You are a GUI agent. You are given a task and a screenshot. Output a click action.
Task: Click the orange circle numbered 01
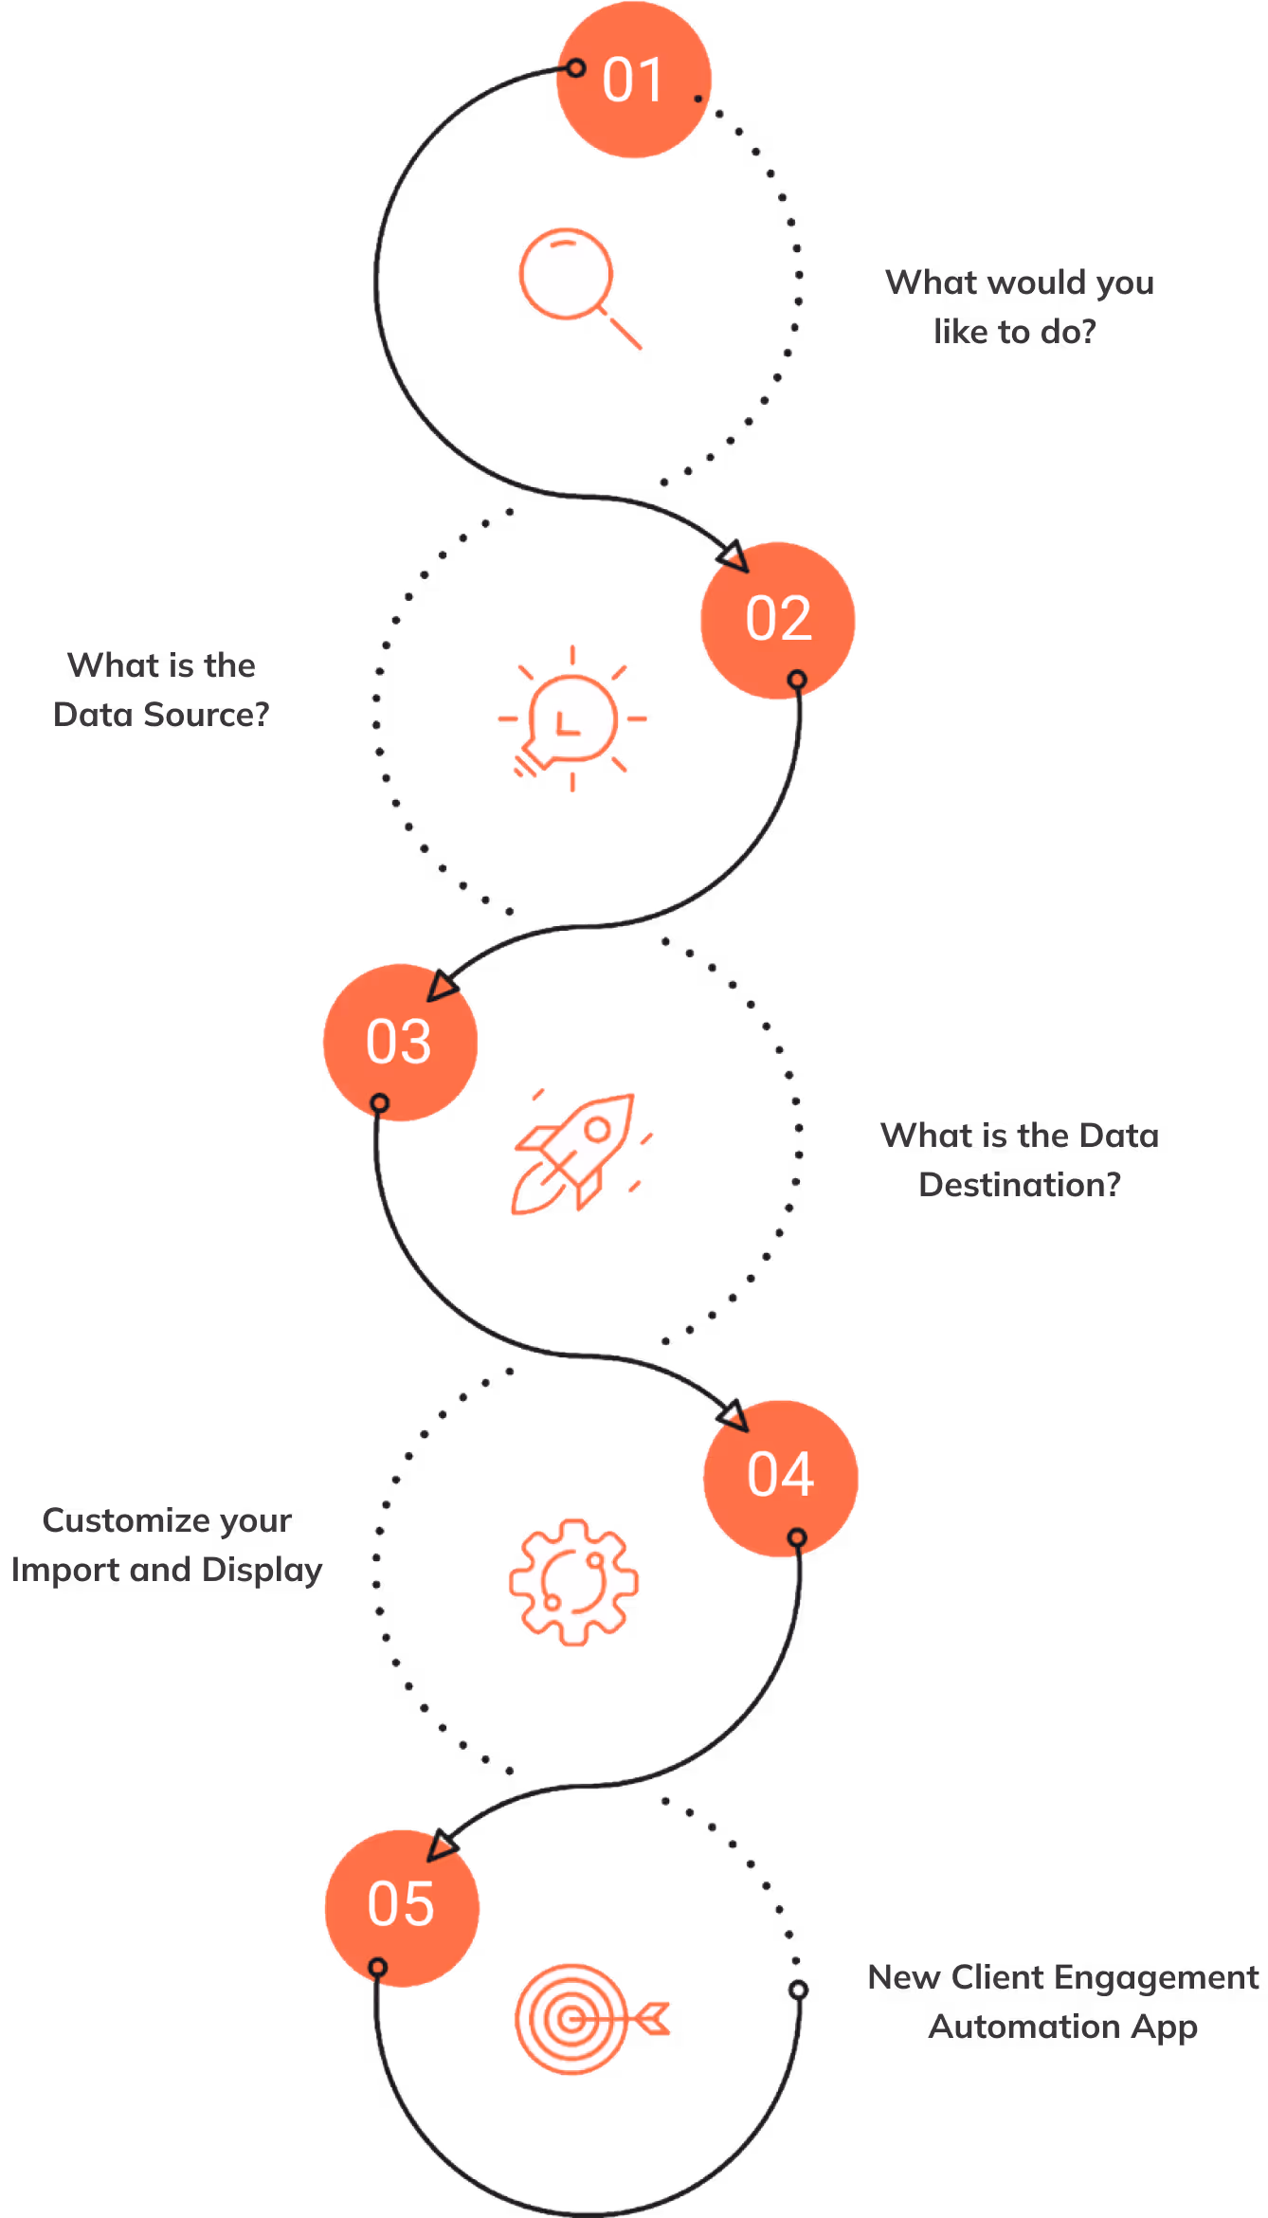[x=633, y=80]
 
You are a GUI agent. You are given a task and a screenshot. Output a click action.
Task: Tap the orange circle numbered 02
[x=777, y=620]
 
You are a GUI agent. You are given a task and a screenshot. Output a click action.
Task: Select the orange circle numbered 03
[x=400, y=1042]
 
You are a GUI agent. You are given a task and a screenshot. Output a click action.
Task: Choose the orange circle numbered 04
[x=780, y=1476]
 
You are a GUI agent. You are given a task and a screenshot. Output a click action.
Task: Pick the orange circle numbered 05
[x=402, y=1906]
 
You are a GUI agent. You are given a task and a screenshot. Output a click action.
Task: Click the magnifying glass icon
[x=573, y=282]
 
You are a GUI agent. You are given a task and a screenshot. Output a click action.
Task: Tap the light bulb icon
[x=571, y=719]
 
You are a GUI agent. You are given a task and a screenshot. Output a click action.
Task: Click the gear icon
[x=573, y=1581]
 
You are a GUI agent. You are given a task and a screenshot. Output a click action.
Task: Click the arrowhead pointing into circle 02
[x=734, y=556]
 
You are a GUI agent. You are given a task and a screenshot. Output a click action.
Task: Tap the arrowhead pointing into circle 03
[x=441, y=986]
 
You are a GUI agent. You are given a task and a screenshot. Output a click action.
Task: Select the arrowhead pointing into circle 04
[x=734, y=1416]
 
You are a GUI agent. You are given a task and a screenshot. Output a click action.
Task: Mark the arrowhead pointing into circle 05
[x=442, y=1845]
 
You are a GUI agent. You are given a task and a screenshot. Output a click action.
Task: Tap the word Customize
[x=126, y=1520]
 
